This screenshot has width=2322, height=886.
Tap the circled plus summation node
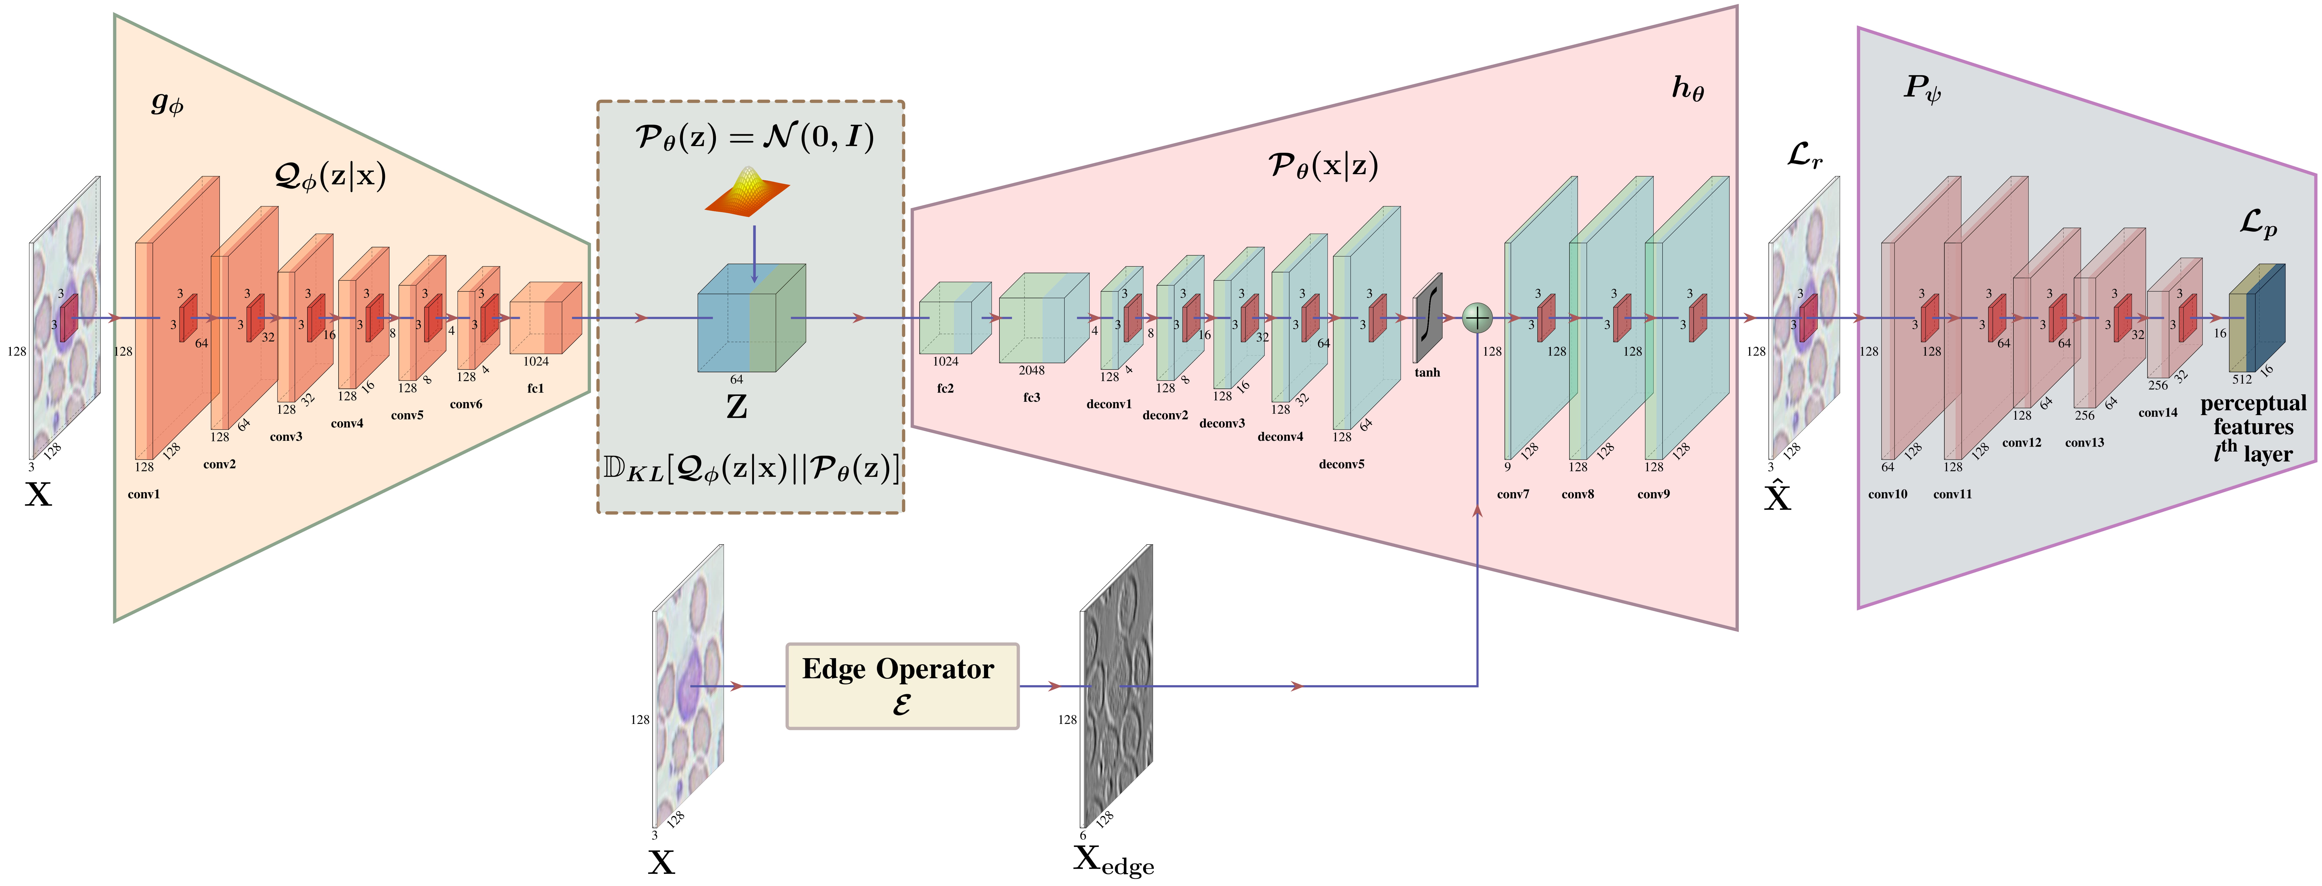click(1477, 317)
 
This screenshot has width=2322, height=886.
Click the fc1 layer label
click(535, 389)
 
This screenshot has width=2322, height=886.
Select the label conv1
click(143, 494)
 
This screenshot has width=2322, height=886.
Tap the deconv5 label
click(1341, 464)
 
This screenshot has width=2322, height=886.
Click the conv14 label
click(2158, 413)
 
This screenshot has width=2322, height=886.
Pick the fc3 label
click(1031, 398)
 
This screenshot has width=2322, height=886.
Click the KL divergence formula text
click(751, 469)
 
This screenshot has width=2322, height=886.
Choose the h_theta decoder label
click(1688, 88)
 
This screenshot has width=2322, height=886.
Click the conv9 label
click(1653, 494)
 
